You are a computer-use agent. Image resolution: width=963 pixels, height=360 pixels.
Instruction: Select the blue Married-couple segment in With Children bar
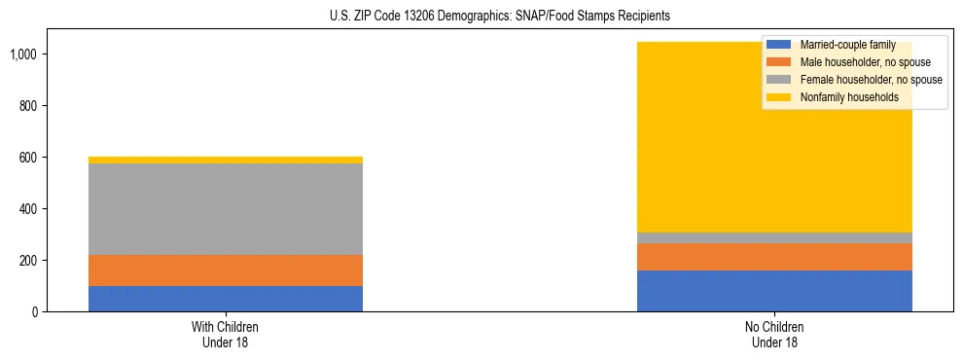coord(226,299)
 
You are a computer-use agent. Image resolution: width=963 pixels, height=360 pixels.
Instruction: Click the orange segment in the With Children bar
coord(226,270)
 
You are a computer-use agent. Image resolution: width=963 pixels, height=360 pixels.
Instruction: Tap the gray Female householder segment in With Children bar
coord(226,209)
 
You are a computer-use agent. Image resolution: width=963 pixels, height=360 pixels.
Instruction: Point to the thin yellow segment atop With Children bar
coord(226,160)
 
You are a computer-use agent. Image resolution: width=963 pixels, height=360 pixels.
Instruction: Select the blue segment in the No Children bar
coord(774,291)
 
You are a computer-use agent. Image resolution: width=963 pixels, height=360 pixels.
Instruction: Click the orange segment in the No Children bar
coord(774,257)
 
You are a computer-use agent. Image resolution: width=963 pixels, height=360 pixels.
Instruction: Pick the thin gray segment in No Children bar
coord(774,237)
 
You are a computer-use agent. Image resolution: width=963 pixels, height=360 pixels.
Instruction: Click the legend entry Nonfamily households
coord(842,97)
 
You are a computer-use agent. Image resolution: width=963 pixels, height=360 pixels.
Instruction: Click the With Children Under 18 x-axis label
coord(226,335)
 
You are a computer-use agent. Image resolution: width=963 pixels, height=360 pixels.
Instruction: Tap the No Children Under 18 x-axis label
coord(774,335)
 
